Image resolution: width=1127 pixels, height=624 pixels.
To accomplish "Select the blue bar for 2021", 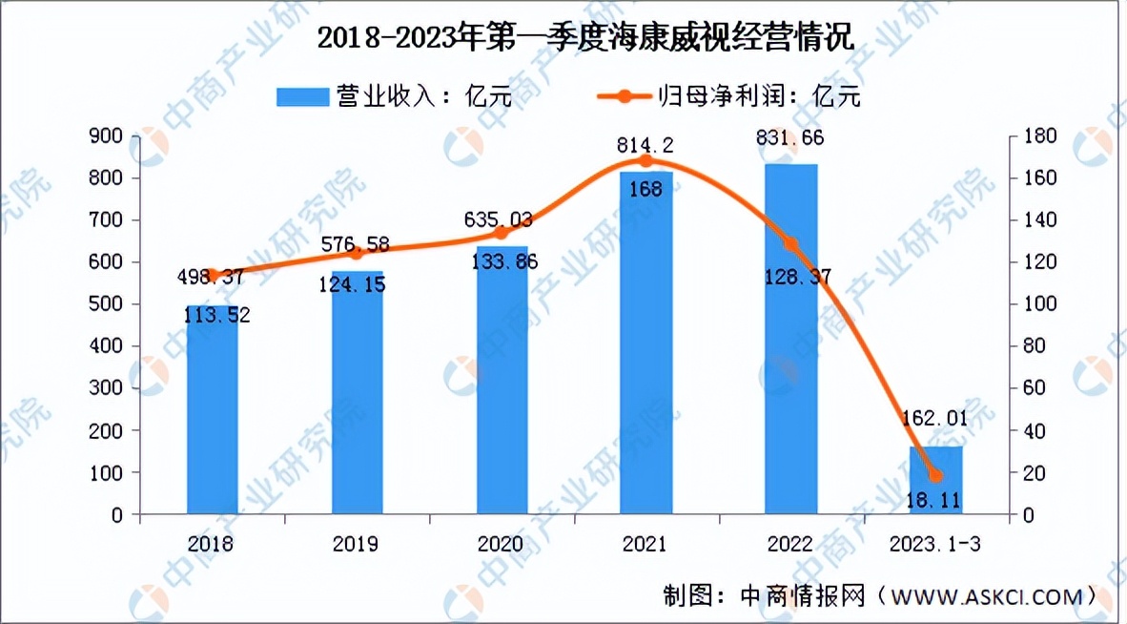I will coord(645,363).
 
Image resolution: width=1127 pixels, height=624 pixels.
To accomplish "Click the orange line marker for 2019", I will coord(357,253).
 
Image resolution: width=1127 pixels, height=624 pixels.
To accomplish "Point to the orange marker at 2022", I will coord(790,244).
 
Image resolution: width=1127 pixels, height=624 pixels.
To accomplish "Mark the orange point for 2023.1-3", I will coord(935,476).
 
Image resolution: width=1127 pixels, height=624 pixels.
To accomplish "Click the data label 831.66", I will coord(790,138).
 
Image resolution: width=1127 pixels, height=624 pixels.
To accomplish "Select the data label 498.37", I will coord(213,277).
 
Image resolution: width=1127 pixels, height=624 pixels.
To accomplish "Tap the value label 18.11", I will coord(935,498).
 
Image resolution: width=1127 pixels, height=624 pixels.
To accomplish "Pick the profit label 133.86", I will coord(502,265).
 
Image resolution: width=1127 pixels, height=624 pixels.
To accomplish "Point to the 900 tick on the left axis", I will coord(110,137).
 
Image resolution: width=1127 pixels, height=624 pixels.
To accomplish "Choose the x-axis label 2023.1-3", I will coord(935,545).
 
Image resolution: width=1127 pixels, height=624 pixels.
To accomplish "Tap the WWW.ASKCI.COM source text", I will coord(986,596).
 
